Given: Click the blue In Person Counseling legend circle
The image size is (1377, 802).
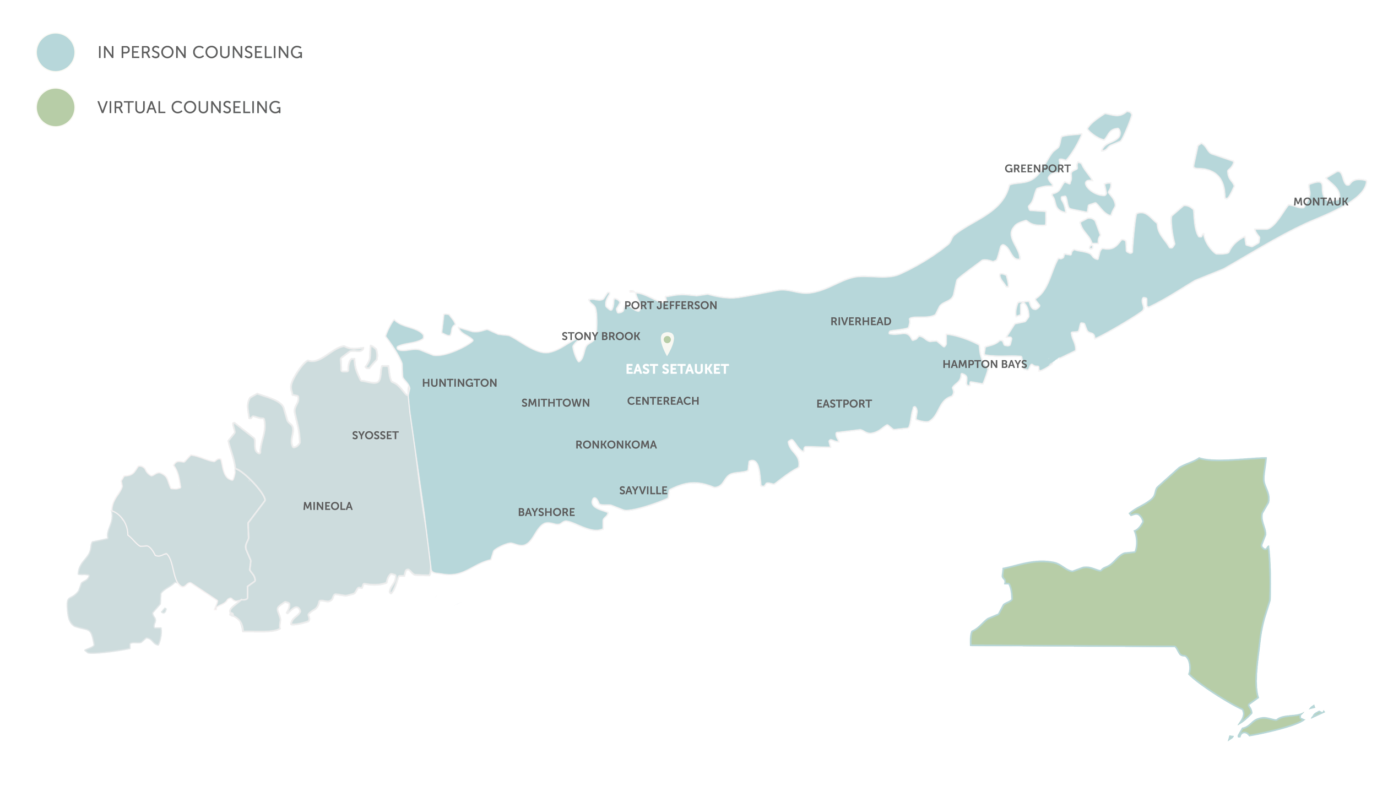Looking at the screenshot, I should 55,52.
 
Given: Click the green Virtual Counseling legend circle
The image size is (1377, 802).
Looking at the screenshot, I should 55,107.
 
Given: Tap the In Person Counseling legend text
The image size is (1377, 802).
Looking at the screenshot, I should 200,52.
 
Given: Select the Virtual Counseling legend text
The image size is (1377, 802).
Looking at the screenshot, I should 189,107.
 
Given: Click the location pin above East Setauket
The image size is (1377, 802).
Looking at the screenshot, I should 667,343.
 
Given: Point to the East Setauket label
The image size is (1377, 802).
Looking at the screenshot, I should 677,369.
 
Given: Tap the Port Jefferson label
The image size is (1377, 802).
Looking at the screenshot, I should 670,305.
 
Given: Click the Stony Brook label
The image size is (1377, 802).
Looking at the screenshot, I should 600,336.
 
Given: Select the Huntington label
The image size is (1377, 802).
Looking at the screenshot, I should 459,383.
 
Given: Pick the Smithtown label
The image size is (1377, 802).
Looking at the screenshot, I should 555,403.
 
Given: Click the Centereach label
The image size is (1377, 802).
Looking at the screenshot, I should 663,401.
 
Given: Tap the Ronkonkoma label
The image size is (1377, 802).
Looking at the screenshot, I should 616,445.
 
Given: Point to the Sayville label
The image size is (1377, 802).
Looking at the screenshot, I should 643,490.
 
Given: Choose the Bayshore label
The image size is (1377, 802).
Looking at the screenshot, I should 546,512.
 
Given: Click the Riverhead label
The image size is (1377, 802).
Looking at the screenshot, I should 860,322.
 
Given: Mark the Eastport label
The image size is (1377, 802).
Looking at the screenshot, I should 844,404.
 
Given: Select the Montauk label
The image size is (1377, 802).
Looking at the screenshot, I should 1320,202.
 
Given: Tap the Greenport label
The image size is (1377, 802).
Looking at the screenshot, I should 1037,169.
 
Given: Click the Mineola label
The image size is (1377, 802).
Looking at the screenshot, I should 328,506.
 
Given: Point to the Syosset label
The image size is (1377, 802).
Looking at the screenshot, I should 375,435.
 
